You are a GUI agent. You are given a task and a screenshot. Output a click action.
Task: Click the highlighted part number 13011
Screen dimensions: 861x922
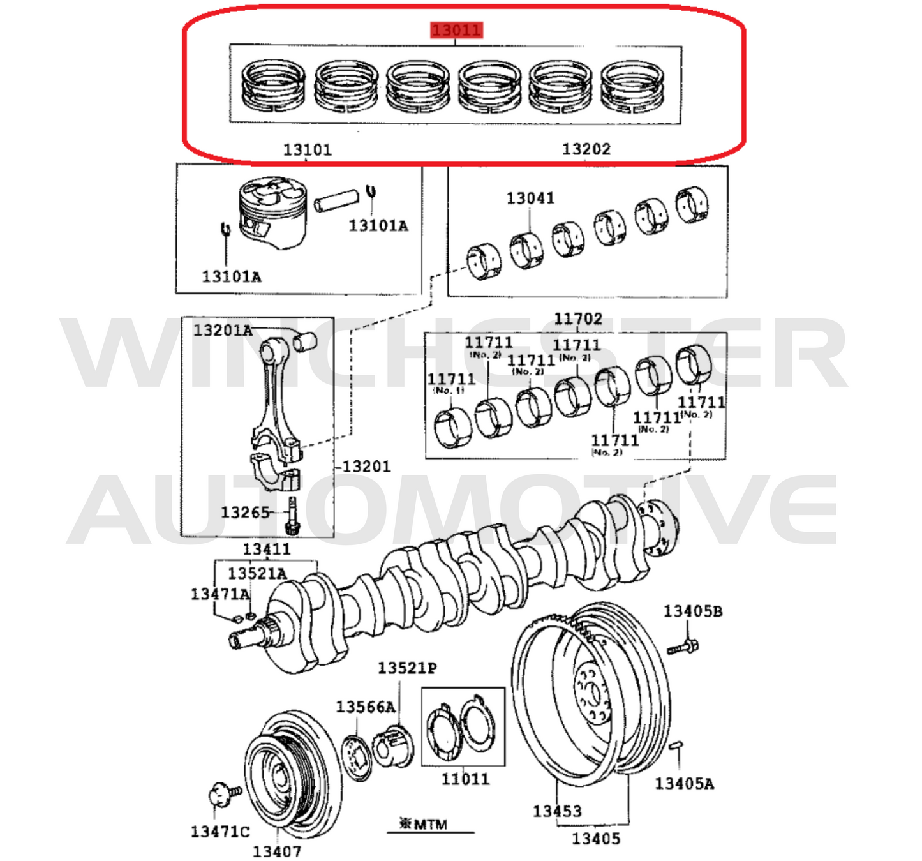(456, 30)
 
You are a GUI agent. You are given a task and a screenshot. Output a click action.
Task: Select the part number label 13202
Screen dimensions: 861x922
(586, 149)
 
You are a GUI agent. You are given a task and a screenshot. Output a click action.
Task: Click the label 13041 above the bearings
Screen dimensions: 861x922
(530, 198)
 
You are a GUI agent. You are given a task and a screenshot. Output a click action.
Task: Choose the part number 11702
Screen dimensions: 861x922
(577, 318)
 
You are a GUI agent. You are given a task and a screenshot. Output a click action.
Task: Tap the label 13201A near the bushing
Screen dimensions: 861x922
(223, 330)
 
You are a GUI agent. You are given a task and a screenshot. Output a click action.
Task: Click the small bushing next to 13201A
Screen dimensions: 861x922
(305, 342)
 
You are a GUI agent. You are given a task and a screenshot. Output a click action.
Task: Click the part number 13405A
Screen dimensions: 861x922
(684, 784)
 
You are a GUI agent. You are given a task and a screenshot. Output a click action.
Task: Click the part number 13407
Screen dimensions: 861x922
(276, 851)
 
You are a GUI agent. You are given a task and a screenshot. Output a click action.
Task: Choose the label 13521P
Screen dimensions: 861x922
(407, 668)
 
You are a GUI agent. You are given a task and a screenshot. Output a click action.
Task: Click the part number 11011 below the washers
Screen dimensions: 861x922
(465, 779)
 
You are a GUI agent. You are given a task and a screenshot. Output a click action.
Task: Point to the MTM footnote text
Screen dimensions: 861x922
(424, 824)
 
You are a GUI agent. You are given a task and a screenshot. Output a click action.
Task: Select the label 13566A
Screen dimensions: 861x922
(366, 707)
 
